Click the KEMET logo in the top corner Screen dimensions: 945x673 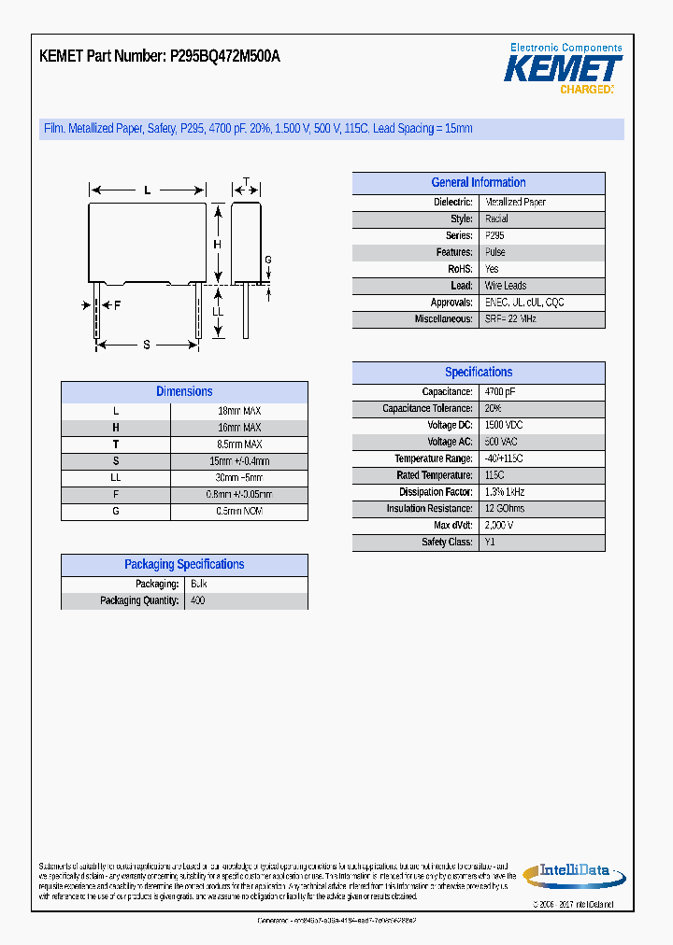[564, 69]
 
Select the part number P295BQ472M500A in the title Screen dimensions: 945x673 [224, 57]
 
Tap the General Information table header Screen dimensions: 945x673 [478, 183]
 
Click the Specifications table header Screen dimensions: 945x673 [478, 372]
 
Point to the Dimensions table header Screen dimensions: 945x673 [184, 392]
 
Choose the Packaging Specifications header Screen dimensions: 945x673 [184, 565]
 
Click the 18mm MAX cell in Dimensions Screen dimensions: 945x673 [239, 411]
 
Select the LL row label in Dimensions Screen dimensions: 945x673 [116, 478]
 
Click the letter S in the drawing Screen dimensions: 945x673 [147, 345]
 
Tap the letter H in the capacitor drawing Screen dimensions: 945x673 [217, 245]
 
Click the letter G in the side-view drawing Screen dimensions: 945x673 [267, 260]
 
